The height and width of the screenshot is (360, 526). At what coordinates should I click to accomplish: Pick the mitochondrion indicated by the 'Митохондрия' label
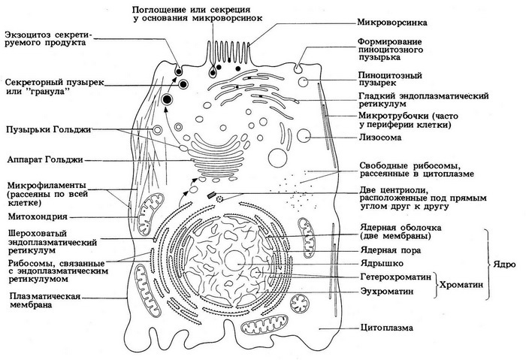click(x=153, y=206)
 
